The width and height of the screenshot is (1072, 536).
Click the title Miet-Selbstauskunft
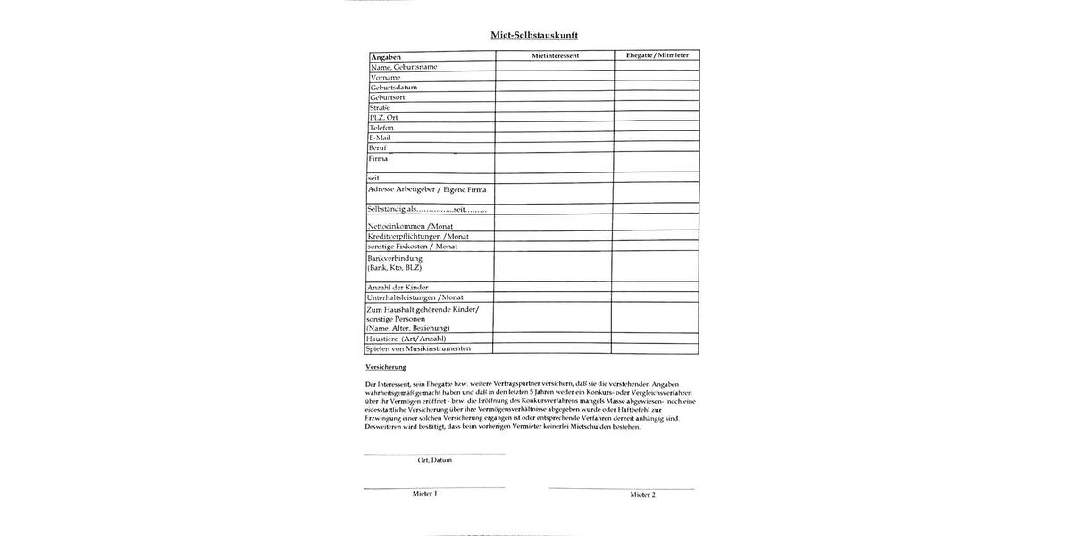[x=540, y=35]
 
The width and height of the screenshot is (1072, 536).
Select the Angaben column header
[x=386, y=57]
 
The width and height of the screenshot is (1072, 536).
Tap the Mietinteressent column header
[x=555, y=55]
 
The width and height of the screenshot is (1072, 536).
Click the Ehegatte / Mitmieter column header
[x=657, y=55]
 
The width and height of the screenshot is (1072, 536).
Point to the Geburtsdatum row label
[x=394, y=88]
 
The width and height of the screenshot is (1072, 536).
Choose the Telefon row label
[x=381, y=128]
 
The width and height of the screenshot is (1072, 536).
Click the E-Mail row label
[x=380, y=138]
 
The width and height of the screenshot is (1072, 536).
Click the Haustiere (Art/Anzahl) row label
[x=406, y=339]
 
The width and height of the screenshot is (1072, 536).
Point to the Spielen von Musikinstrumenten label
[x=417, y=348]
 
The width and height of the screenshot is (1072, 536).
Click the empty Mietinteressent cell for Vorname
[x=554, y=78]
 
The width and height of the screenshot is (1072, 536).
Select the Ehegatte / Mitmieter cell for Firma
[x=656, y=162]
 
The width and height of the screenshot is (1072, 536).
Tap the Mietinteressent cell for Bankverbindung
[x=552, y=266]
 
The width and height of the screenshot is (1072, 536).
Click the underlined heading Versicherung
[x=386, y=367]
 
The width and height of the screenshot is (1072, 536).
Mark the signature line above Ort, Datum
[x=434, y=454]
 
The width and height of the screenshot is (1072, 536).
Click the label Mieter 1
[x=424, y=493]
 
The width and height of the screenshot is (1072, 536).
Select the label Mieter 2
[x=642, y=494]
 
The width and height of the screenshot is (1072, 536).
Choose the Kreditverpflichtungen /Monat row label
[x=418, y=237]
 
